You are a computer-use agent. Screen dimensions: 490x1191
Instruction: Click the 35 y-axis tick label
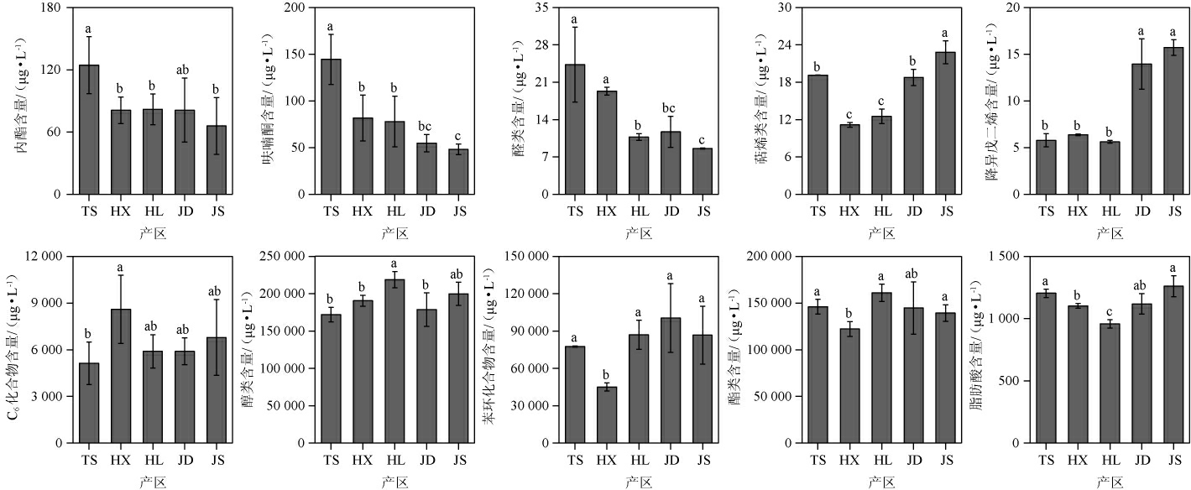click(x=541, y=8)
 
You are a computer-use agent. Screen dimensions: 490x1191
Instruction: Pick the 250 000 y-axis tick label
click(x=280, y=256)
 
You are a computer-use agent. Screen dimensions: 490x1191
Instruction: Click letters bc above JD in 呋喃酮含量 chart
click(x=426, y=123)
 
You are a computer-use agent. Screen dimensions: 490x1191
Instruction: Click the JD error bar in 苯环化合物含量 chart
click(x=670, y=318)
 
